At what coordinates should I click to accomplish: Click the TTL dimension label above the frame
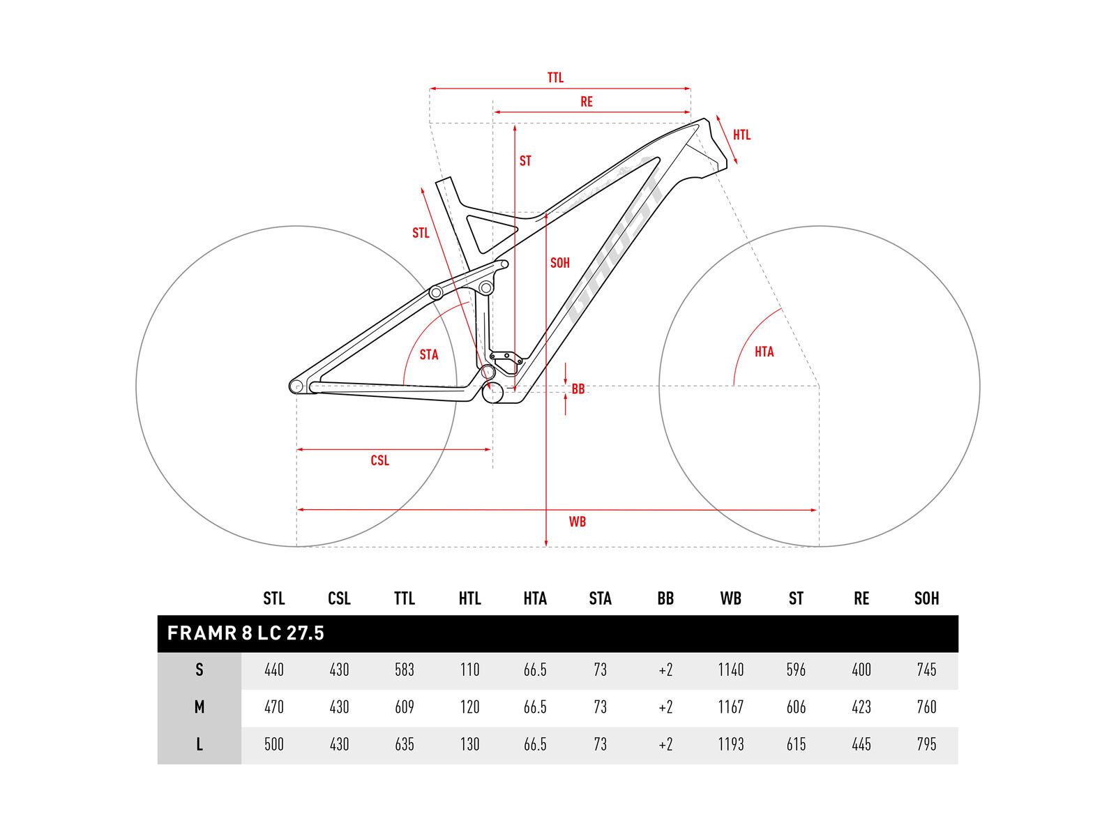(555, 78)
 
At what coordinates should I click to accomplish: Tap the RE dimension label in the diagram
(587, 102)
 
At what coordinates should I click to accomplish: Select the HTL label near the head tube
(741, 135)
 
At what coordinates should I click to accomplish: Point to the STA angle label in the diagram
(429, 355)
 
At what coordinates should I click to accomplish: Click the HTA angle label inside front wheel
(764, 352)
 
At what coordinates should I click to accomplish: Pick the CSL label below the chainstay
(379, 460)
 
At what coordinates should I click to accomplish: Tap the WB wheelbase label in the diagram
(577, 522)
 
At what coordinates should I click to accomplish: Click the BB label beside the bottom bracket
(578, 389)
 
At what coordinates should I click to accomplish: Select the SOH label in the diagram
(560, 263)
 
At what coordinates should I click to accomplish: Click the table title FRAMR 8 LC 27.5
(246, 633)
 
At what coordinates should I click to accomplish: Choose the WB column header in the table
(730, 598)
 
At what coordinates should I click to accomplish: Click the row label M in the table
(199, 707)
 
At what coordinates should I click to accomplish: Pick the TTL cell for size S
(405, 670)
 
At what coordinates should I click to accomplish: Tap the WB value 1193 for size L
(730, 744)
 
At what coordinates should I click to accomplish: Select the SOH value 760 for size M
(926, 707)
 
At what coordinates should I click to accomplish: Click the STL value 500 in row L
(274, 744)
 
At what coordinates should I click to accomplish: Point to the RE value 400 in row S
(861, 670)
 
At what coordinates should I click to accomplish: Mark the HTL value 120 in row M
(469, 707)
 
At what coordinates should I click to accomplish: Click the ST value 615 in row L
(796, 744)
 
